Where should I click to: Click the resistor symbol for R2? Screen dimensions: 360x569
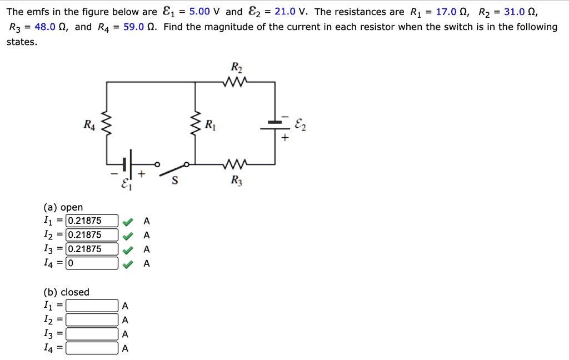coord(237,82)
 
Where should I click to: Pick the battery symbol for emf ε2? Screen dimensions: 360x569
coord(276,125)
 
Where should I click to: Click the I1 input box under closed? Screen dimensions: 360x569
coord(92,306)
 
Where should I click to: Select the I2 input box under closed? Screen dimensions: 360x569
coord(92,320)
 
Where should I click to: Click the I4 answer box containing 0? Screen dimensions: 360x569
coord(92,263)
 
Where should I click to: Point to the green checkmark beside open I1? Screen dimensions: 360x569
coord(128,221)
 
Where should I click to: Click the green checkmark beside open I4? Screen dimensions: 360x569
coord(128,264)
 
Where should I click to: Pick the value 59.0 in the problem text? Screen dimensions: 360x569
coord(134,27)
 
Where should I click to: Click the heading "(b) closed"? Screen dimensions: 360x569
coord(66,292)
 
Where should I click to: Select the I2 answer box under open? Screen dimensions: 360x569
coord(92,235)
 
